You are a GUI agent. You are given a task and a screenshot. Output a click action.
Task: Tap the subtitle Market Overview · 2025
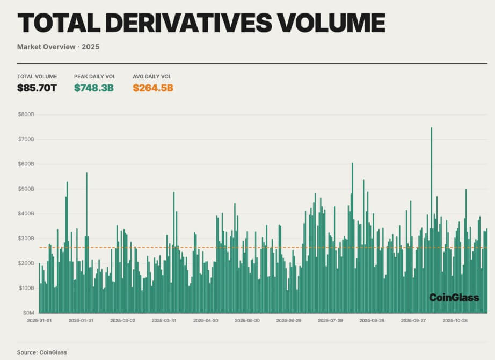point(58,47)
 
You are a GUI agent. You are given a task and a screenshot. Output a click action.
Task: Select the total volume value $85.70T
point(37,88)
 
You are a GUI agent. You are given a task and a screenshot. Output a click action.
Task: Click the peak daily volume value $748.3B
point(93,88)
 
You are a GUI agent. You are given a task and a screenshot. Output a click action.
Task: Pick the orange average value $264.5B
point(153,88)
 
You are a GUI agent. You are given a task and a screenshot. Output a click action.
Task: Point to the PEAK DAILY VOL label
point(94,77)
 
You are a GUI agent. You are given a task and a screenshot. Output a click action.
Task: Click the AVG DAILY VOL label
point(152,77)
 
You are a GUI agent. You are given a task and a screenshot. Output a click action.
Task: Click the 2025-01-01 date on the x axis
point(40,321)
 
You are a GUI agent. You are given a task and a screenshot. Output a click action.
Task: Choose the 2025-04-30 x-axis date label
point(206,321)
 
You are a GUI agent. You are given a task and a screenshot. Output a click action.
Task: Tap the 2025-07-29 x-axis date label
point(330,321)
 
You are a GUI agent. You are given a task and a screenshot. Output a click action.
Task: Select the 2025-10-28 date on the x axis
point(455,321)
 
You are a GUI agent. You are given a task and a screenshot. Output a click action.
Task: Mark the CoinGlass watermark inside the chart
point(454,298)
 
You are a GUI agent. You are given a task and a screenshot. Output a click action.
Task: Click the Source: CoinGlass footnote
point(42,352)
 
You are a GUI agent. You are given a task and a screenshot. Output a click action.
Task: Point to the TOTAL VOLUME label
point(37,77)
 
